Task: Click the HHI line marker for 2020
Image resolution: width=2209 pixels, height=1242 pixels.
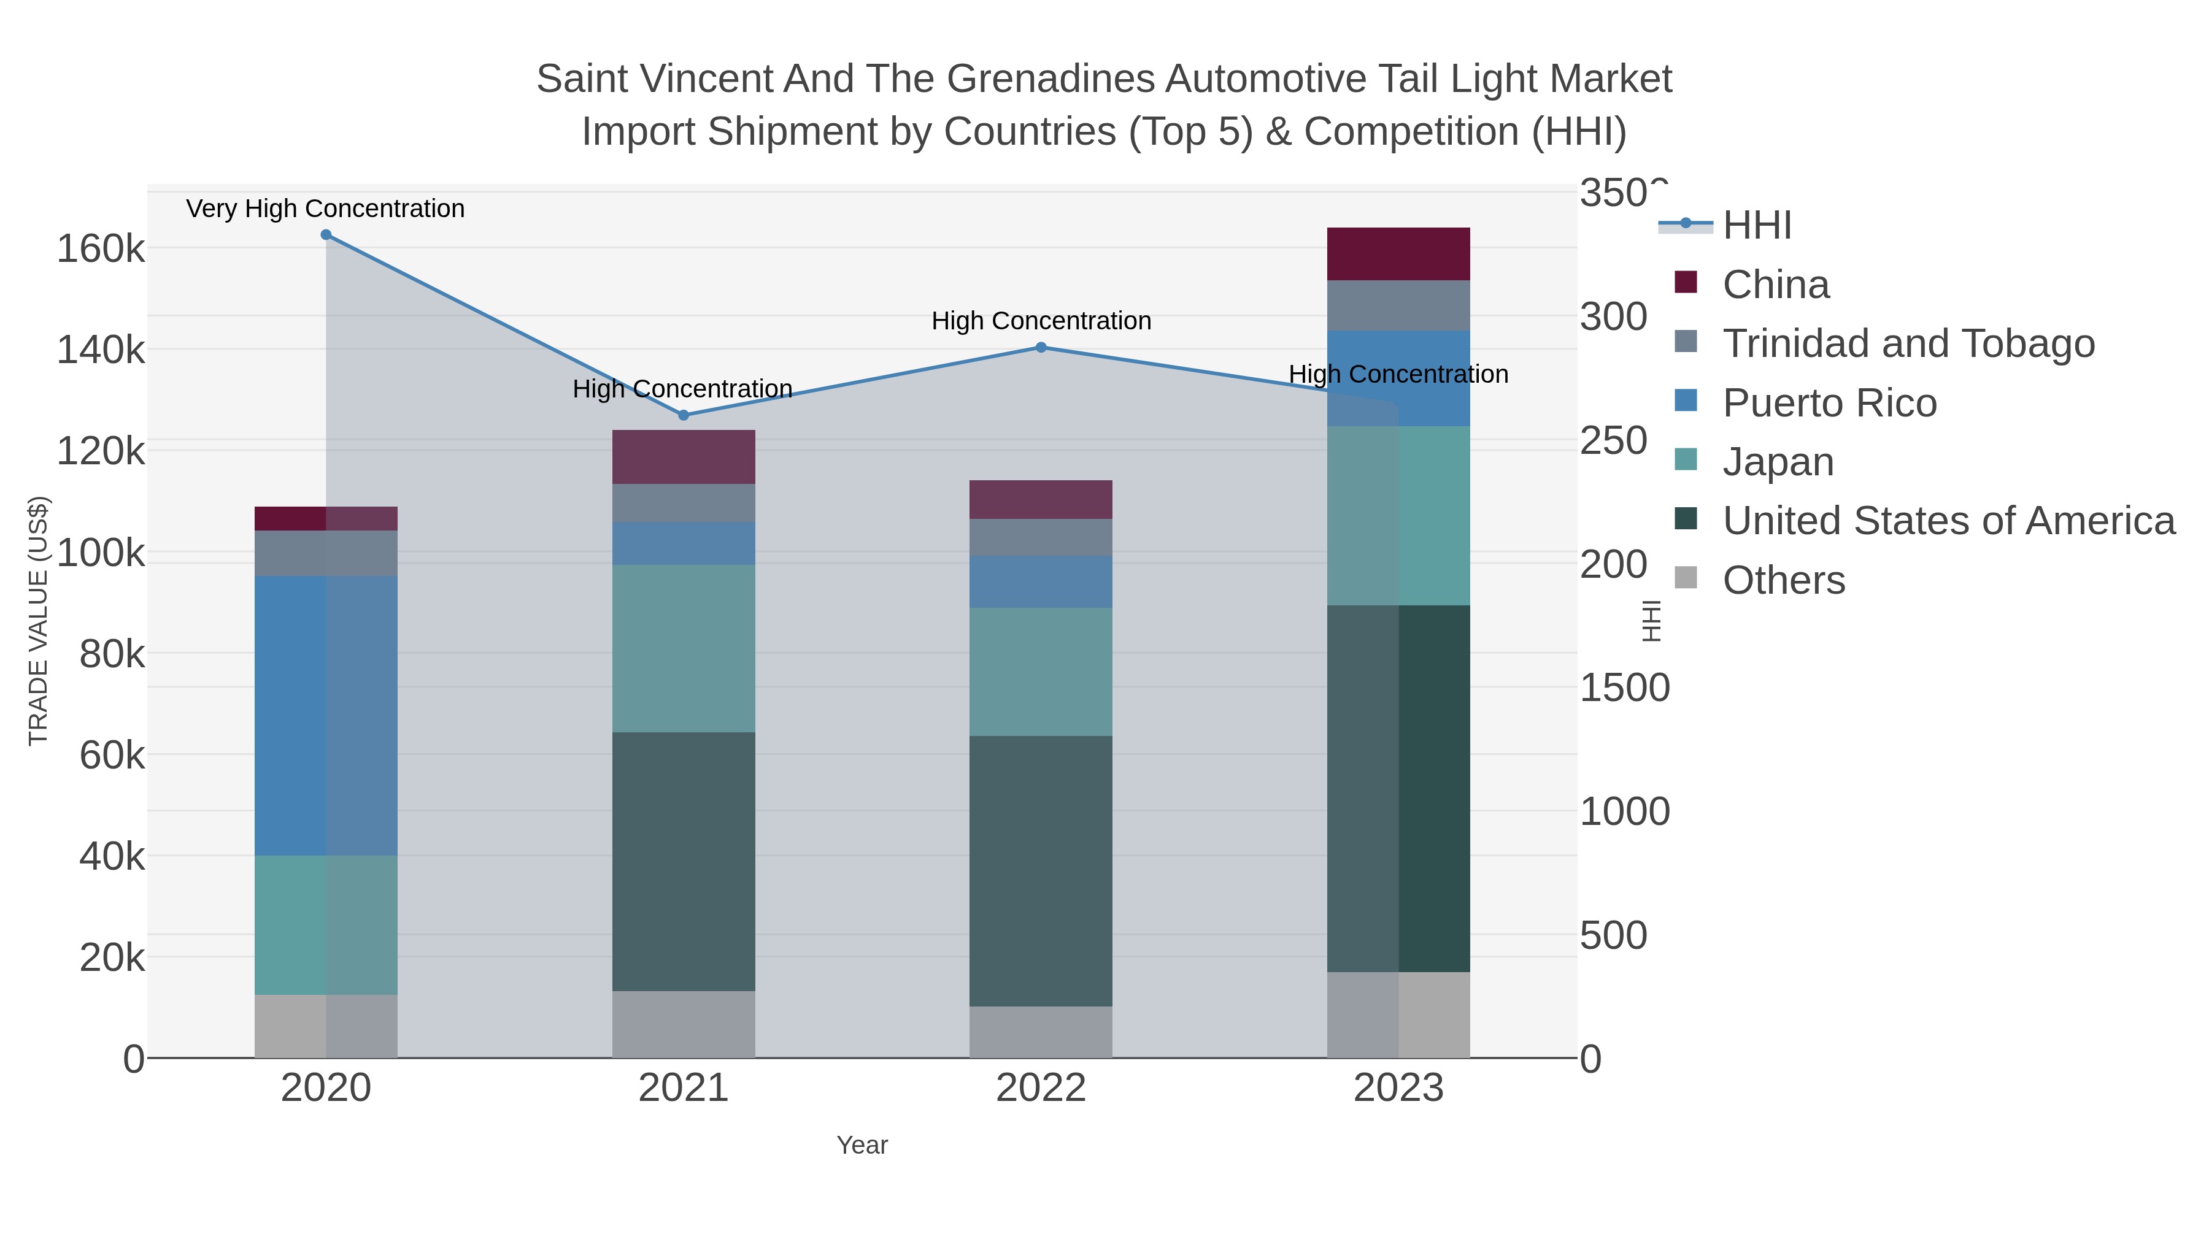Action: (x=326, y=235)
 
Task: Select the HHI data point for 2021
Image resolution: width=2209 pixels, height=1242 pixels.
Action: (x=684, y=415)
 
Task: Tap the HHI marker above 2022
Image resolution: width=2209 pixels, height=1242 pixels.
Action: (x=1041, y=347)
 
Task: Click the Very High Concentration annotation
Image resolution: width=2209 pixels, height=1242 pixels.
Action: (x=325, y=209)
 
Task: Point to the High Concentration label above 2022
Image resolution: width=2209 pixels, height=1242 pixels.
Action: (x=1041, y=321)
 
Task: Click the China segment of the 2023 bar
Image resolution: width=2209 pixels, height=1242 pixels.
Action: (x=1398, y=254)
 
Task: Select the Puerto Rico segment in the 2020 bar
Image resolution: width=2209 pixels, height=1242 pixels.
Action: (x=326, y=716)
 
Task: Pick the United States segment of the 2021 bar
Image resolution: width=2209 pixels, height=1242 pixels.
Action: (x=684, y=862)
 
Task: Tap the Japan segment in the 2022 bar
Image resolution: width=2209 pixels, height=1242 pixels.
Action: (x=1041, y=672)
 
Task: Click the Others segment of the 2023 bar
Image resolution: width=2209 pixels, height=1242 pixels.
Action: (x=1398, y=1015)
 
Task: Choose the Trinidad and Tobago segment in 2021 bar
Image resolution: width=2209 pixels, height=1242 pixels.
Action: (x=684, y=503)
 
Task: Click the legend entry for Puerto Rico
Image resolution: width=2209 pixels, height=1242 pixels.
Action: (x=1829, y=403)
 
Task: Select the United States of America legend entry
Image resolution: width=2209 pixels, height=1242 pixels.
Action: (x=1948, y=521)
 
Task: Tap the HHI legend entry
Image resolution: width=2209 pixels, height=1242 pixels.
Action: (x=1756, y=226)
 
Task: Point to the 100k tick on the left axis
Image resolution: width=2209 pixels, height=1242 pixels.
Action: (x=101, y=553)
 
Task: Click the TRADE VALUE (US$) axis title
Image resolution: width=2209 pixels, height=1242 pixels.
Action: (x=39, y=621)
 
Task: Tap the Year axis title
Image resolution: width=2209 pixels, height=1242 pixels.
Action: (x=862, y=1145)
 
